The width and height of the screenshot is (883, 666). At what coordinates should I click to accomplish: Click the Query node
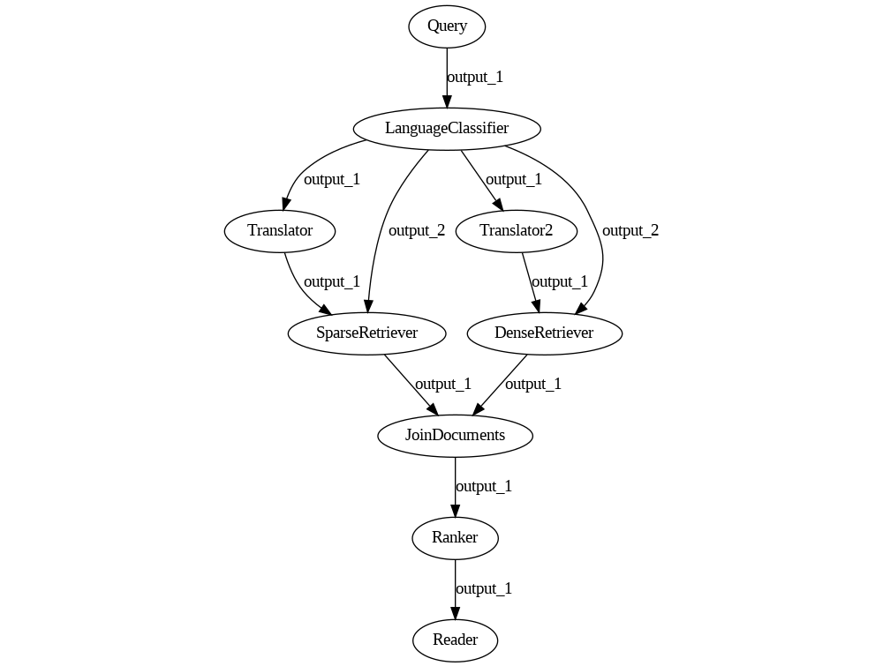447,26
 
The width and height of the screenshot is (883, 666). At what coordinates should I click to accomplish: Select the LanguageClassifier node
447,129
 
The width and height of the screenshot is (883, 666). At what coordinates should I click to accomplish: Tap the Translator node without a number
280,231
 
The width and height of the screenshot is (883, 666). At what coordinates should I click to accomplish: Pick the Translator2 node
516,231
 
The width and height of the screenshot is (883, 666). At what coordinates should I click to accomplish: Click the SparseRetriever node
366,333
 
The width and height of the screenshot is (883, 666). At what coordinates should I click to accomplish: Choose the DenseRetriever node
544,333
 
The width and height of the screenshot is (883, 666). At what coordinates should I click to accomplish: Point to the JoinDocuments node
455,436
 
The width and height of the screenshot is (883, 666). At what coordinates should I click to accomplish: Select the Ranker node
455,538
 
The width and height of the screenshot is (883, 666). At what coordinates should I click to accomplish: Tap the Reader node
455,640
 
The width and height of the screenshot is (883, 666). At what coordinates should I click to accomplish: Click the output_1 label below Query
475,78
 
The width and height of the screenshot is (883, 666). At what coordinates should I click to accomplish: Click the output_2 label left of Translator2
417,231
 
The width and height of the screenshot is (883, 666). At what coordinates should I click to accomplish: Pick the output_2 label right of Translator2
630,231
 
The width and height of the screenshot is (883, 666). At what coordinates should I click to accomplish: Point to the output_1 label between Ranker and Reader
484,589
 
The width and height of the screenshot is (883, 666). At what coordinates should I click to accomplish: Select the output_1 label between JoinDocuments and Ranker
484,487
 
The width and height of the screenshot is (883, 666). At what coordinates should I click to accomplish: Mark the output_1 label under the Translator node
332,282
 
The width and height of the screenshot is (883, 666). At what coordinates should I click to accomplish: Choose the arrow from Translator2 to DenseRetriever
531,282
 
